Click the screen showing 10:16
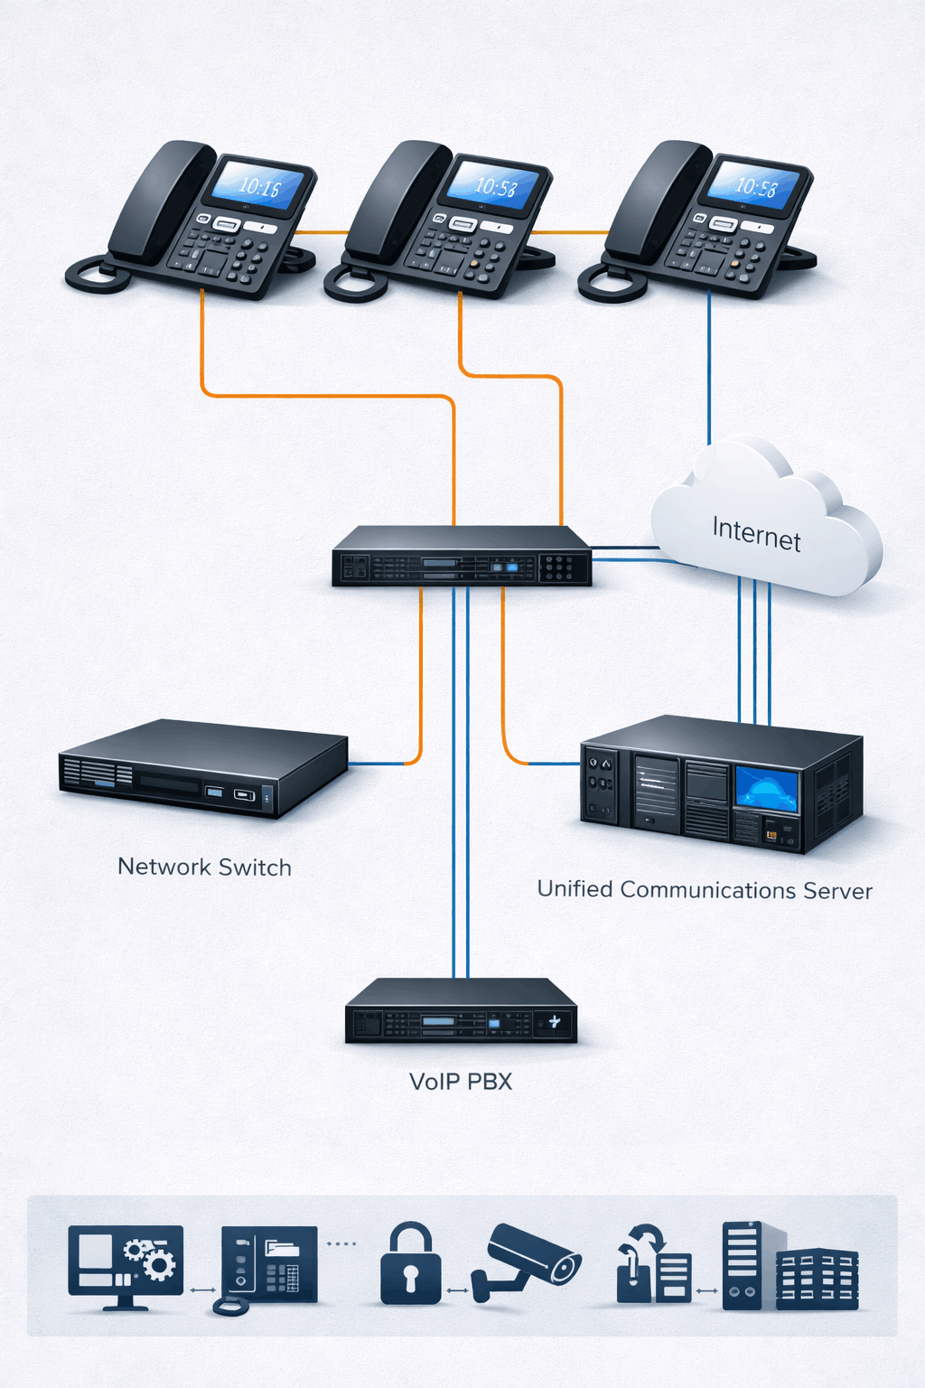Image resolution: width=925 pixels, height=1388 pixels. (x=257, y=185)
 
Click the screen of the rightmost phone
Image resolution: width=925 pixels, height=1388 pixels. (x=753, y=185)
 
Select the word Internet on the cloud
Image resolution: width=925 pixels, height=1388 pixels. (x=756, y=532)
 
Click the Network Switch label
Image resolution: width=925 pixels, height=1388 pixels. (x=204, y=867)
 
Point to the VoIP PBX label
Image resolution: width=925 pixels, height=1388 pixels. (x=461, y=1082)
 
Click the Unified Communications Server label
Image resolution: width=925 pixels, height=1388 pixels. (x=705, y=890)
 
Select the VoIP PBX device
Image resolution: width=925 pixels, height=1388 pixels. (x=461, y=1011)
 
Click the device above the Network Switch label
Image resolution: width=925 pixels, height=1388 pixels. (x=203, y=768)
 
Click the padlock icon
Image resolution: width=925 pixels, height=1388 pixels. (x=411, y=1265)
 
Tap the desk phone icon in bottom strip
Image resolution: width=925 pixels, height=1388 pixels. (x=268, y=1265)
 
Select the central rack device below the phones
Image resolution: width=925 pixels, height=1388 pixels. (x=462, y=557)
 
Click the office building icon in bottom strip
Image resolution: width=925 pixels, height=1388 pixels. (x=818, y=1279)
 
